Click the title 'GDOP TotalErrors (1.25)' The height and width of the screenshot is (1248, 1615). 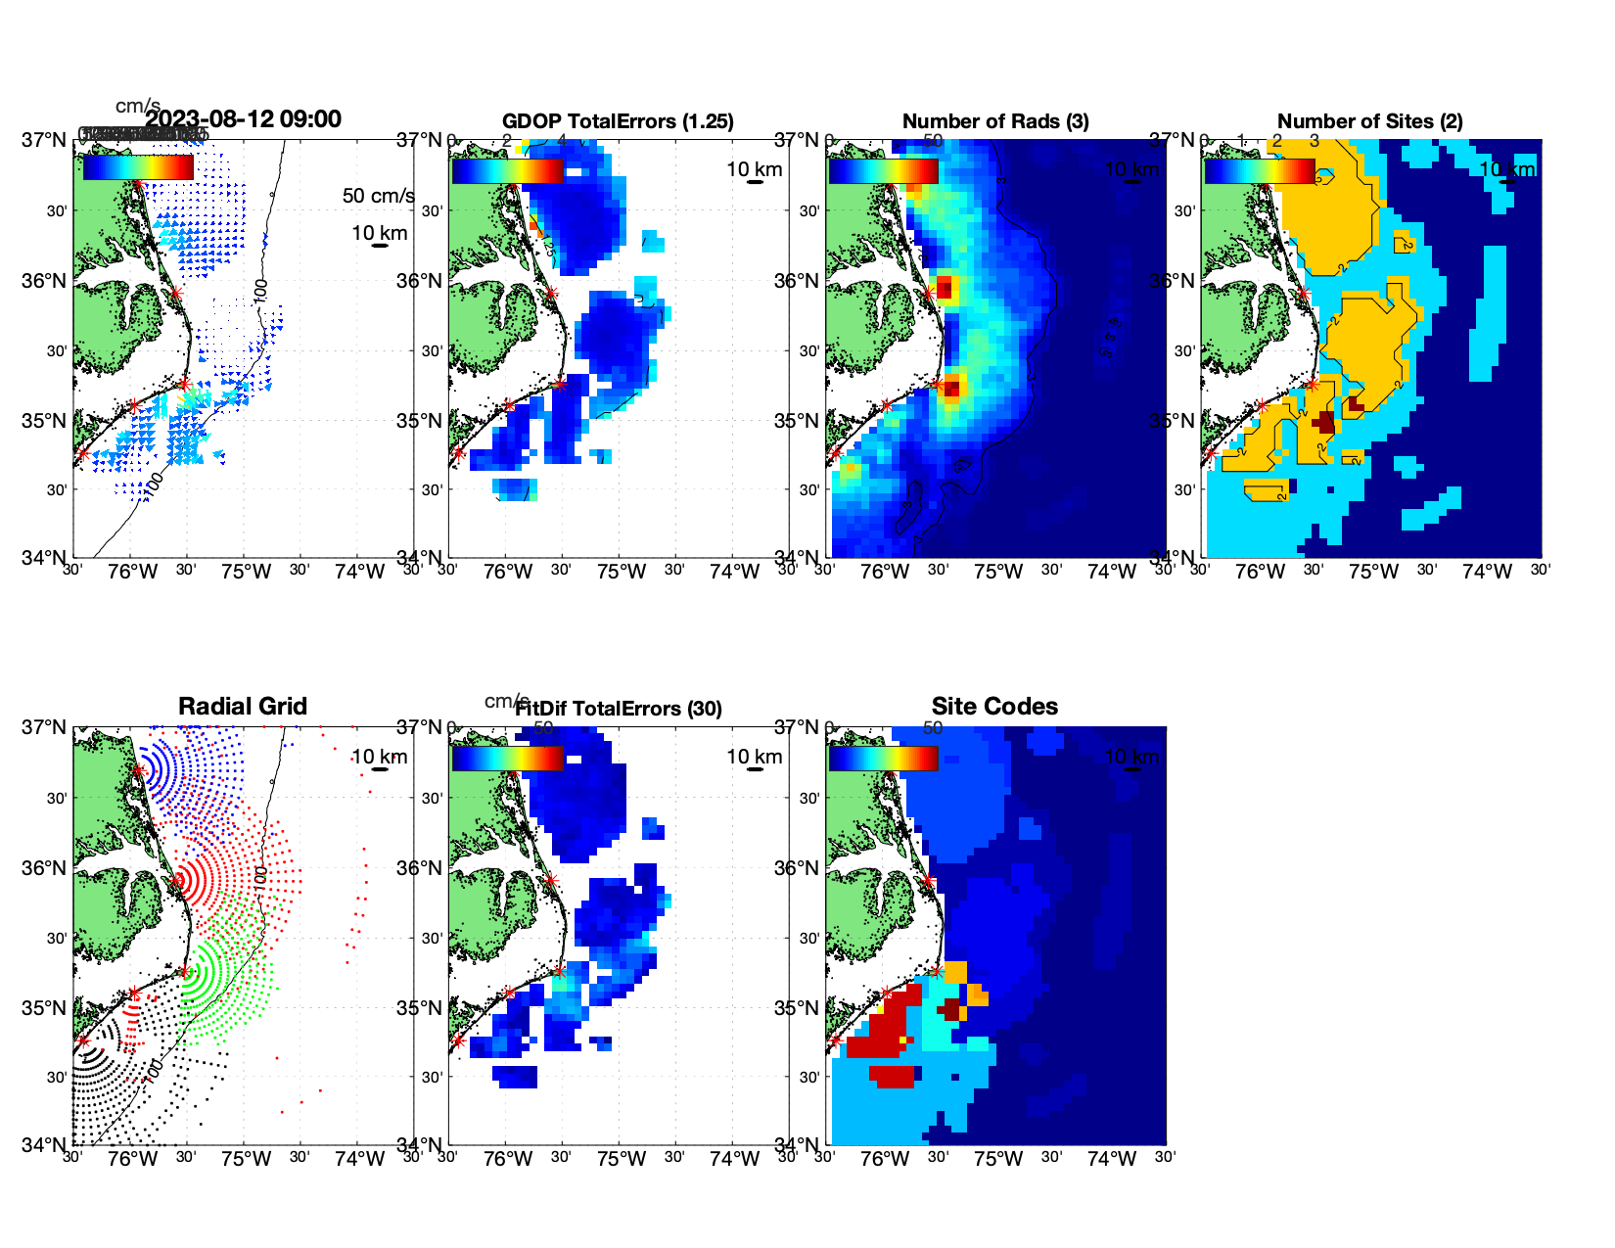pos(618,121)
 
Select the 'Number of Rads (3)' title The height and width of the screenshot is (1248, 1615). pos(995,121)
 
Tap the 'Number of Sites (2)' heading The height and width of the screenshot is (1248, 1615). pos(1369,121)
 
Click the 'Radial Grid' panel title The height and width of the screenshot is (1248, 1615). pos(243,707)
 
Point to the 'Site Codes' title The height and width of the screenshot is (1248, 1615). pos(994,707)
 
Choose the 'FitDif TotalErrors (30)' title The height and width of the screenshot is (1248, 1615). pos(619,709)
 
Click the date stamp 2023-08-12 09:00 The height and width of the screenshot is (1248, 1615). pos(244,119)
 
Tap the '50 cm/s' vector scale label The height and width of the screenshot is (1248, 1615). pos(378,196)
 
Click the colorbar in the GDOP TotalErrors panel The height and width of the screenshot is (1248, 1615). pos(507,170)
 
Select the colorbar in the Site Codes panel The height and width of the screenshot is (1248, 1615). pos(883,758)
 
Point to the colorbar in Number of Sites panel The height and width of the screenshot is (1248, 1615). pos(1259,170)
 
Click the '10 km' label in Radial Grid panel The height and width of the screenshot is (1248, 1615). pos(379,757)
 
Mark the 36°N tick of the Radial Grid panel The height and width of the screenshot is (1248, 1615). pos(44,868)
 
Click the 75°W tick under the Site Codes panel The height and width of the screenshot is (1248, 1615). pos(998,1160)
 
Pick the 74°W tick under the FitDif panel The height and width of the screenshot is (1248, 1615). pos(734,1160)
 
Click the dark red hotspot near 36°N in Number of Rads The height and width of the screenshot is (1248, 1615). pos(945,288)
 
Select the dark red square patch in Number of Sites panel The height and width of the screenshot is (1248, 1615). pos(1324,422)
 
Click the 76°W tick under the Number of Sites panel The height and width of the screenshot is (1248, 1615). pos(1260,573)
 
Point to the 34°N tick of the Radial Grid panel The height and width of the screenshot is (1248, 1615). pos(44,1145)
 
